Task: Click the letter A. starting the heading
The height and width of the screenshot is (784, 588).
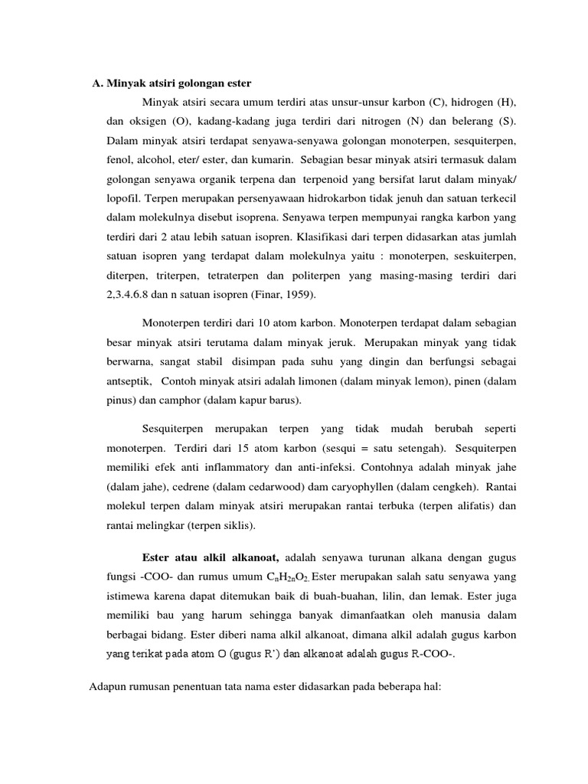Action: tap(97, 83)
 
